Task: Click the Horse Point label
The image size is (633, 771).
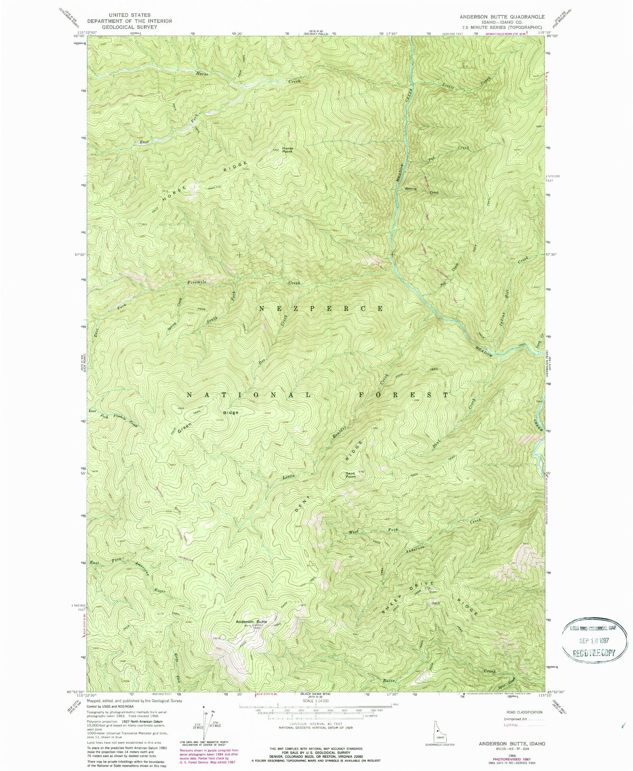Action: click(287, 150)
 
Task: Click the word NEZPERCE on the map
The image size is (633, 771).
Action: click(321, 308)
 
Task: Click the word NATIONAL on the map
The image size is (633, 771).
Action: click(249, 395)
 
